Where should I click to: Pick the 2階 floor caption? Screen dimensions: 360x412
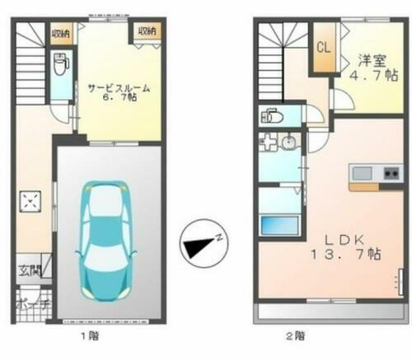[x=294, y=335]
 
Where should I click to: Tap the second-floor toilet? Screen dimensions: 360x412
[x=270, y=117]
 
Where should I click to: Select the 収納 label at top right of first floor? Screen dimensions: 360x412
[x=146, y=30]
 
